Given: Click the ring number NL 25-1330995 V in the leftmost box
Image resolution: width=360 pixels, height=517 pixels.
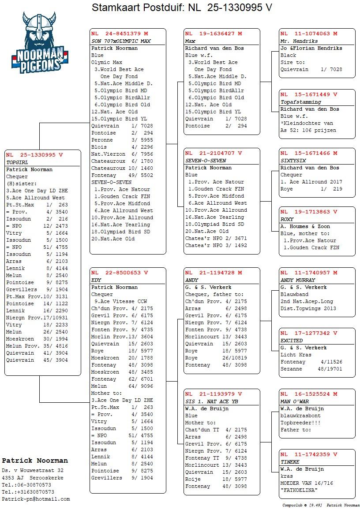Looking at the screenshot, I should (34, 155).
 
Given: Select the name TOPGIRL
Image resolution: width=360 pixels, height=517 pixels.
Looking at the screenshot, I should (17, 162).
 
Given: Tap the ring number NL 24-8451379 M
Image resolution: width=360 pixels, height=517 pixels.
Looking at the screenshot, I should (120, 34).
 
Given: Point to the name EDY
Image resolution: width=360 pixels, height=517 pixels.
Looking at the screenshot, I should (96, 280).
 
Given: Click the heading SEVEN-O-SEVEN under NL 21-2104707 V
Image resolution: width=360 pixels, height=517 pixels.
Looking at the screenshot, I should (206, 161).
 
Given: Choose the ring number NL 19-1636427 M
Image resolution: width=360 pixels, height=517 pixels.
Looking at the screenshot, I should (214, 34).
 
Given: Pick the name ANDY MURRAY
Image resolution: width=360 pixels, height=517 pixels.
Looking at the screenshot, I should (298, 280).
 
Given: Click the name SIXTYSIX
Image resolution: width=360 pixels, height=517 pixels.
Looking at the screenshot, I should (293, 161).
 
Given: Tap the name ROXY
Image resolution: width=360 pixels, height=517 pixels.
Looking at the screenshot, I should (287, 219).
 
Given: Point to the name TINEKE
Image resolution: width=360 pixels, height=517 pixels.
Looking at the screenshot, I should (290, 462).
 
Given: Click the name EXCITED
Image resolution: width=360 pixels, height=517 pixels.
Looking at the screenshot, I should (292, 341).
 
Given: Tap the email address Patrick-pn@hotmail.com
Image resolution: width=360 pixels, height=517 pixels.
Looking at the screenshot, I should (36, 499).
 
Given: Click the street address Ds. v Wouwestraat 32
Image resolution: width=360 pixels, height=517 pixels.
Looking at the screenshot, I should (33, 471).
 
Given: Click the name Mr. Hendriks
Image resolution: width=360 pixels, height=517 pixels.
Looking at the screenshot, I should (299, 41).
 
